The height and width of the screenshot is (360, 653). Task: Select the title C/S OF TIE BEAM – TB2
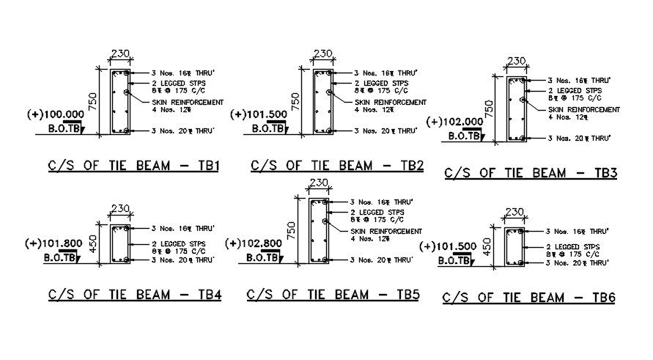coord(337,166)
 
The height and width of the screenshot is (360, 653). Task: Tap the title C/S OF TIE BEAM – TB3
coord(531,173)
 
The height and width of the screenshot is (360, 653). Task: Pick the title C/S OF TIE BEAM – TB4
coord(135,295)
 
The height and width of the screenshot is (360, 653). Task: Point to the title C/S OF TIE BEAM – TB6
coord(528,298)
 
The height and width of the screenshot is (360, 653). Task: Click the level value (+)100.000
coord(55,115)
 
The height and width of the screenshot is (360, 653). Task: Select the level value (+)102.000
coord(454,122)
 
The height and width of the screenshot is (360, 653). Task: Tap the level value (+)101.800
coord(54,243)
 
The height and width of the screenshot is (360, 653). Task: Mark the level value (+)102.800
coord(253,243)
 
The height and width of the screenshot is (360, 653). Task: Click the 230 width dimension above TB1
coord(119,54)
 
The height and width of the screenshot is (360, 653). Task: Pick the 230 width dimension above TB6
coord(514,213)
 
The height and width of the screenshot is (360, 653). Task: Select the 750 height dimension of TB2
coord(294,101)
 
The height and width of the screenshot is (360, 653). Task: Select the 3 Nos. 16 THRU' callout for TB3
coord(579,80)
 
